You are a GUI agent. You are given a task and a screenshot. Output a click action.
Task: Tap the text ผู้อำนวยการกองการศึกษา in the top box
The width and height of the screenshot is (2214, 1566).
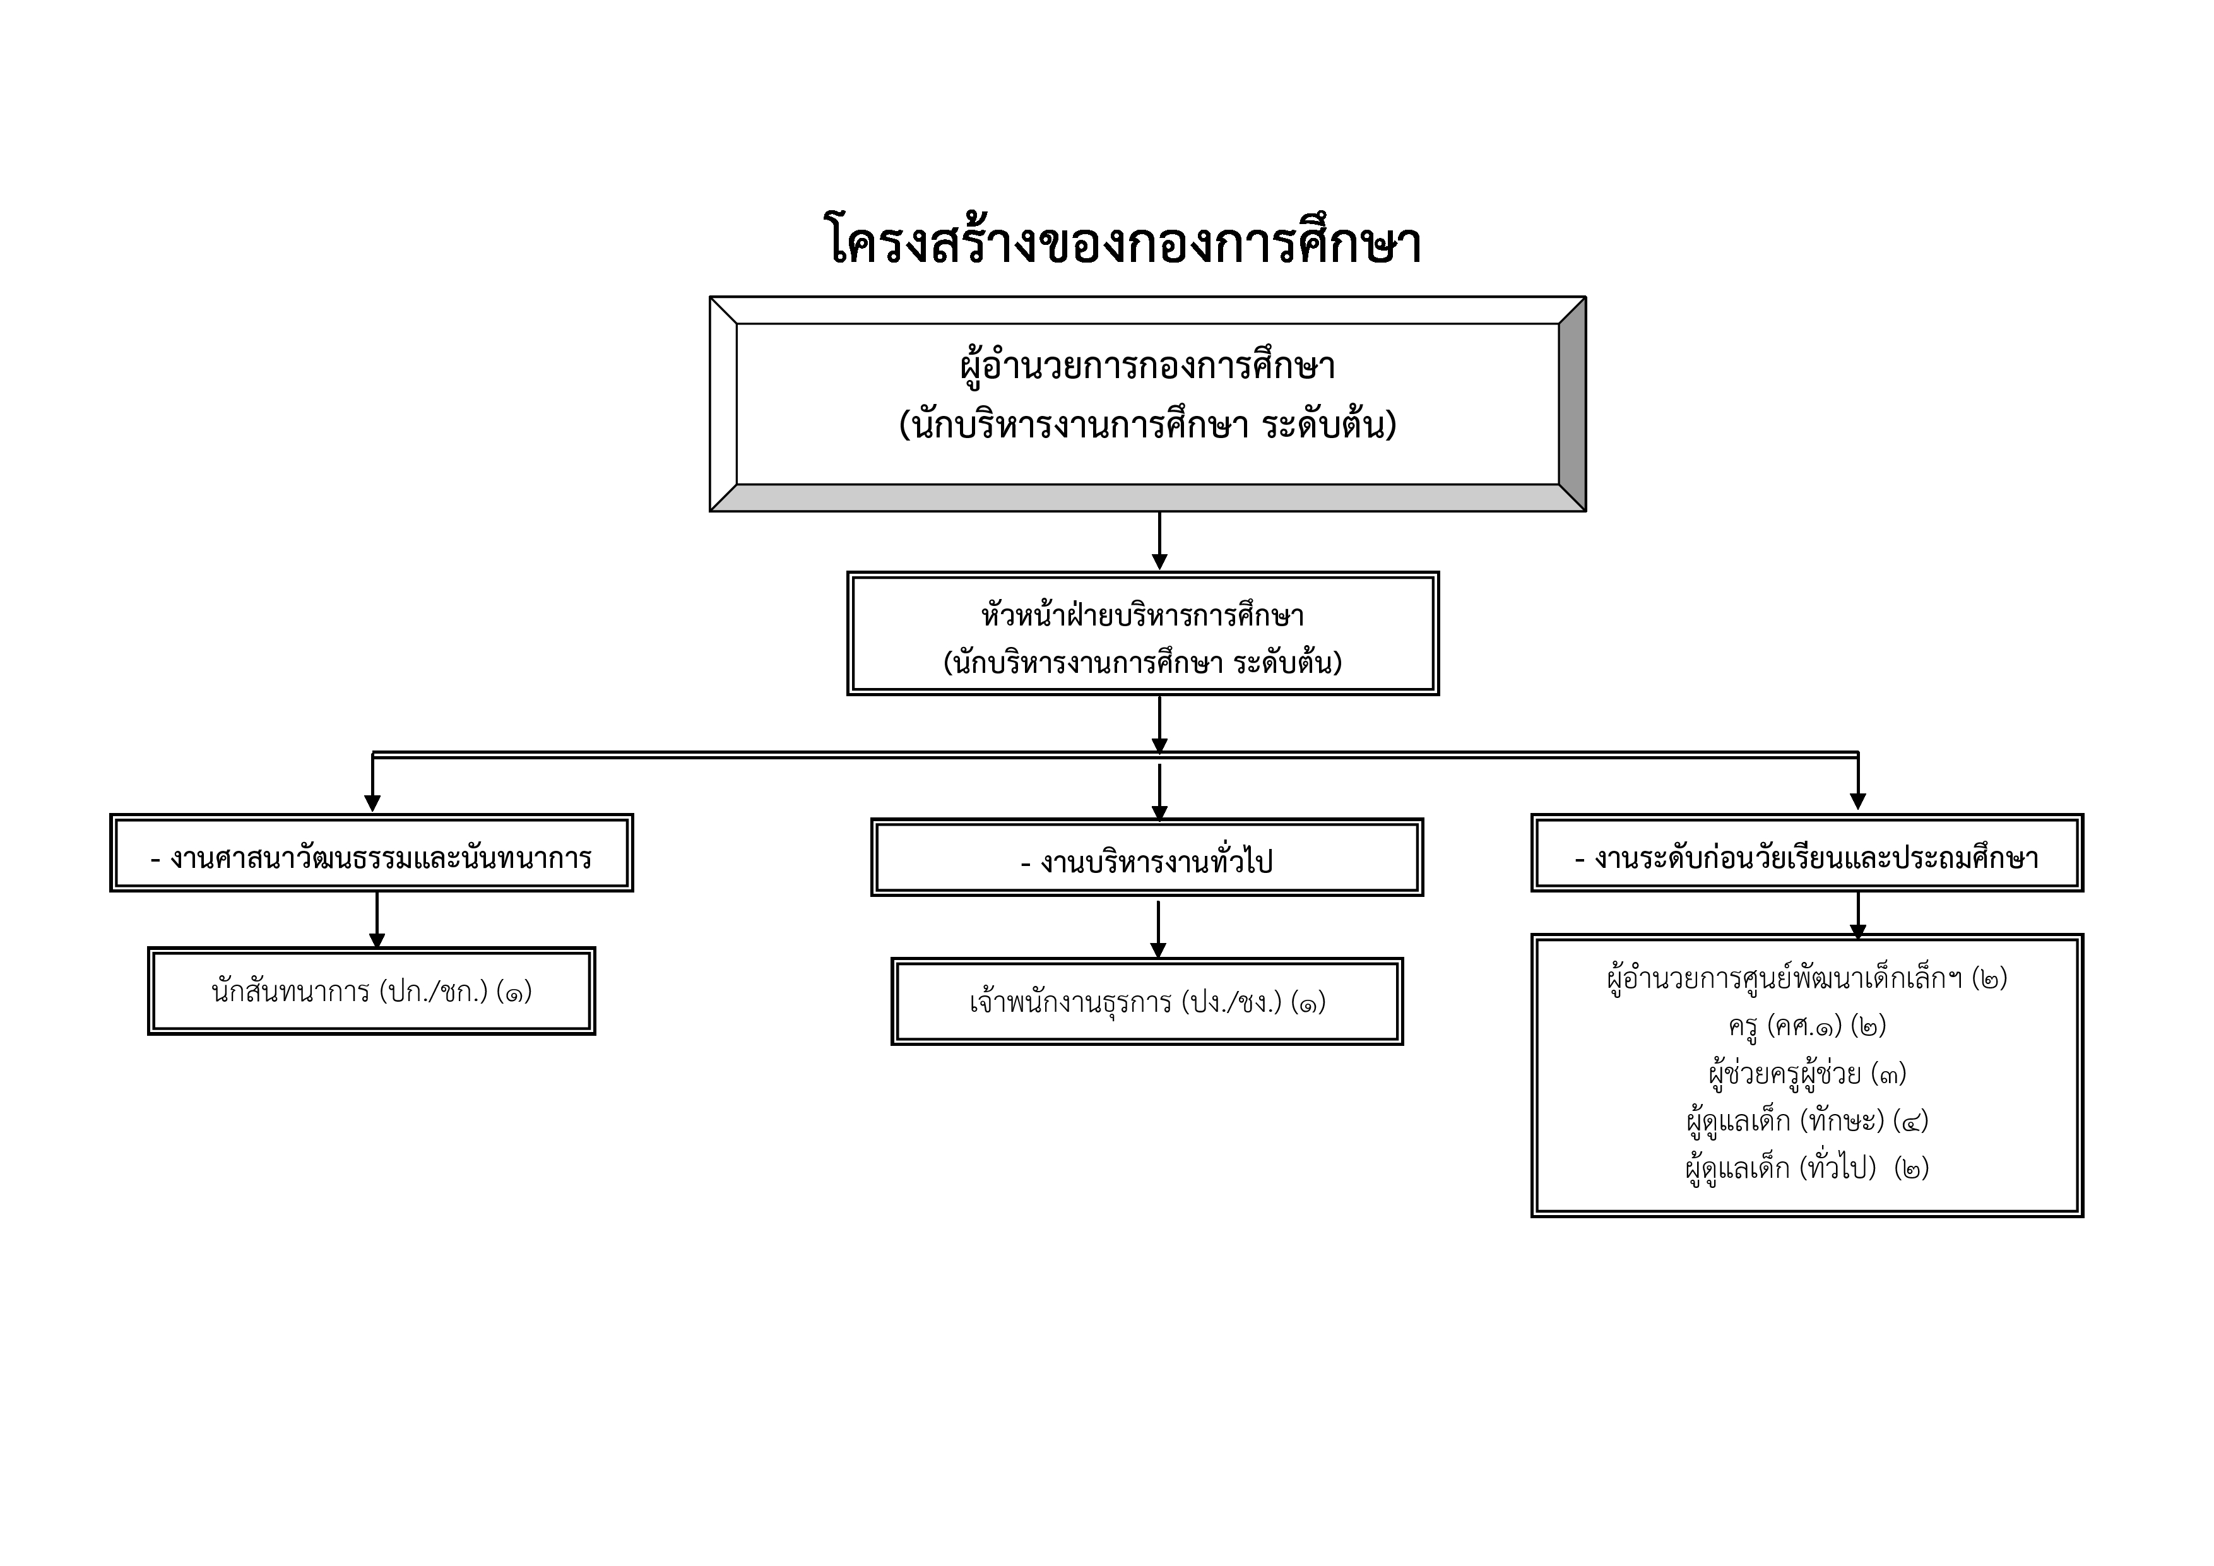click(x=1147, y=367)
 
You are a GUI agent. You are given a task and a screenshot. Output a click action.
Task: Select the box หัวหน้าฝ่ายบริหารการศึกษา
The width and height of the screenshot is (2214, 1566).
click(x=1143, y=634)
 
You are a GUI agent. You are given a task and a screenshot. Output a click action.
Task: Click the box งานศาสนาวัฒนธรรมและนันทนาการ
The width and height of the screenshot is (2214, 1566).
click(x=371, y=853)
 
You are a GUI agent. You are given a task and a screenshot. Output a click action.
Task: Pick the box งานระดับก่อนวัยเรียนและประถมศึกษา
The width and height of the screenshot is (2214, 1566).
click(x=1806, y=853)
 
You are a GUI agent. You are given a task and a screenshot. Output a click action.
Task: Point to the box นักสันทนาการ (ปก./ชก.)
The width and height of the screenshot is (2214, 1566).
click(x=371, y=991)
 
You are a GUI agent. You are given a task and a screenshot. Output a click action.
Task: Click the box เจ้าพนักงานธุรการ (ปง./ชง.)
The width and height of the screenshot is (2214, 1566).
click(x=1147, y=1002)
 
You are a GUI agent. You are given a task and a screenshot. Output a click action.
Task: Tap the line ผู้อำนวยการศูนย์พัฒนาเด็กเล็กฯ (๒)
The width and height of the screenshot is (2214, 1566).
click(x=1806, y=979)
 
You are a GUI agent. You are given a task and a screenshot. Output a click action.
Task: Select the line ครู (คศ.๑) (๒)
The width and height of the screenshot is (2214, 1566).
click(x=1806, y=1026)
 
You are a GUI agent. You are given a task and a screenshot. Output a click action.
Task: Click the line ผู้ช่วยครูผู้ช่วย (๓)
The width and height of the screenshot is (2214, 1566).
click(x=1806, y=1073)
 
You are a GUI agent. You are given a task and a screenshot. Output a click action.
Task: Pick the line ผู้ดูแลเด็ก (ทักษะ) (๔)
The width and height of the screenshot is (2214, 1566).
click(x=1806, y=1120)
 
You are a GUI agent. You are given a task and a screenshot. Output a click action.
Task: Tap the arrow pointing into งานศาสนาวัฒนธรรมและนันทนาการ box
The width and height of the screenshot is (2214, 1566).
click(x=373, y=785)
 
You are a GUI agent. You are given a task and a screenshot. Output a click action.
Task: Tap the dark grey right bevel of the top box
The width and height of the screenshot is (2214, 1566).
click(x=1572, y=404)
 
